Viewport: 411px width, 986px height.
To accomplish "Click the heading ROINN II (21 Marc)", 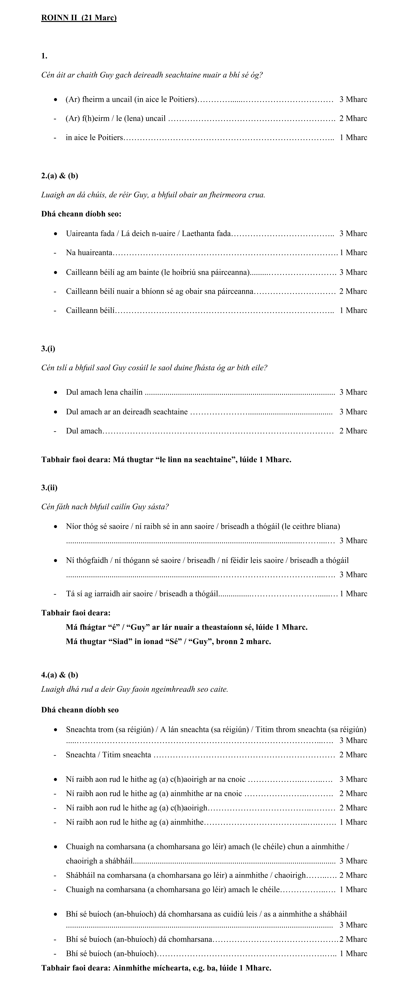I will point(79,18).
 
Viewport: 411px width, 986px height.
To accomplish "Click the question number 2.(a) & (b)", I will point(60,176).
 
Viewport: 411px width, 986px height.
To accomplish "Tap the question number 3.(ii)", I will point(49,488).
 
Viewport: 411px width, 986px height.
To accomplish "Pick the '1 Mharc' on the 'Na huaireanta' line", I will point(353,253).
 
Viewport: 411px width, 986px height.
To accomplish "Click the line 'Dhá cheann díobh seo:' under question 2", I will point(81,214).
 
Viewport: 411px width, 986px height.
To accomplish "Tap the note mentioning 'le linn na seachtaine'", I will point(166,460).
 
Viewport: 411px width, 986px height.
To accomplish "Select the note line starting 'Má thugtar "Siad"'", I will point(168,642).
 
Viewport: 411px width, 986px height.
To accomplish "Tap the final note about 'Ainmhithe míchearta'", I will point(156,968).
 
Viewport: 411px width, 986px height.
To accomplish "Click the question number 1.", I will point(44,56).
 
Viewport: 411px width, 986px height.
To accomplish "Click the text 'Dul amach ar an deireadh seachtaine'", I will point(127,412).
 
